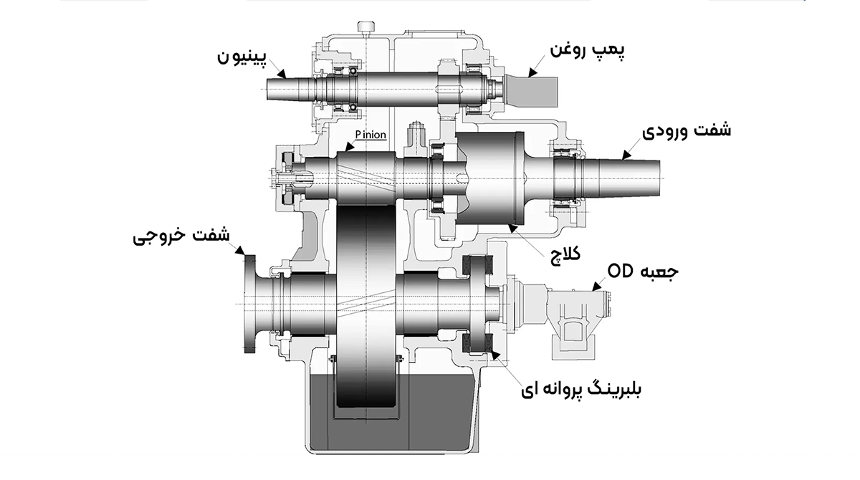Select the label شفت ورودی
click(x=687, y=134)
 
